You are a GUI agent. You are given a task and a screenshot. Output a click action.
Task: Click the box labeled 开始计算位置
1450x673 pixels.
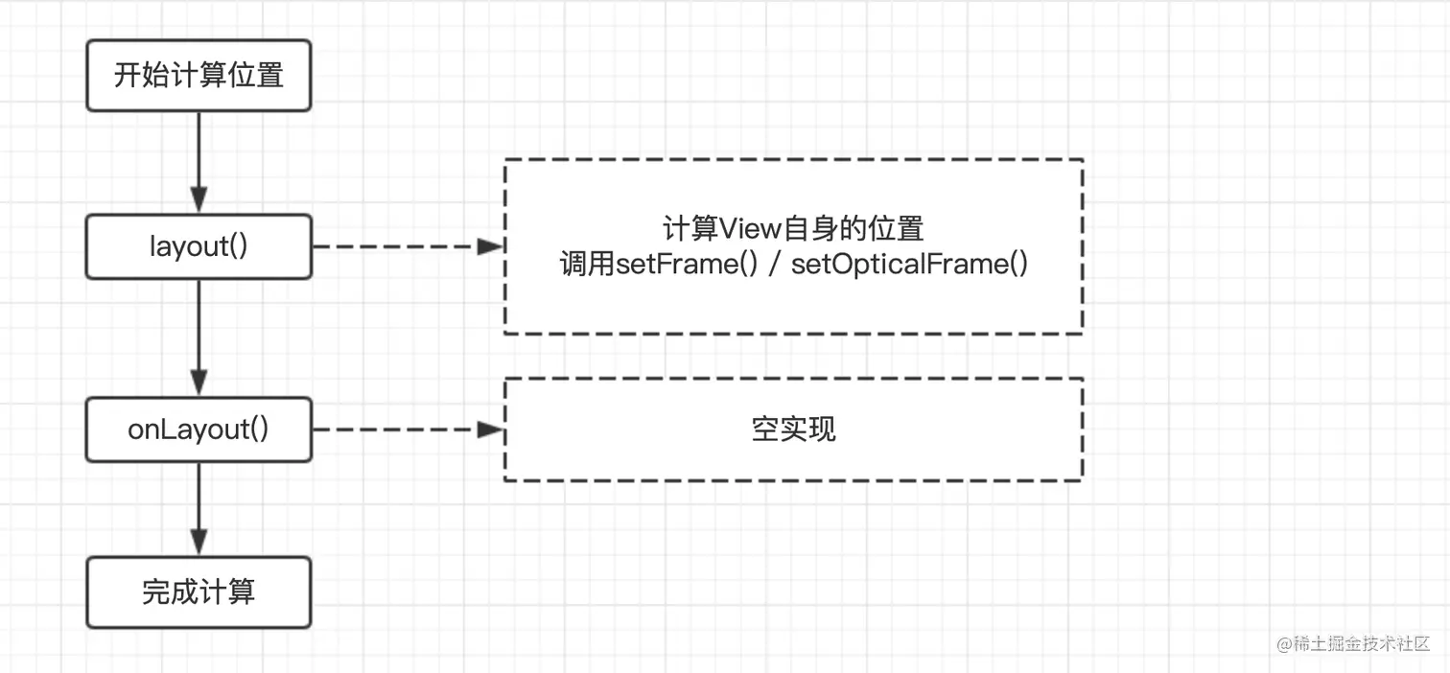199,76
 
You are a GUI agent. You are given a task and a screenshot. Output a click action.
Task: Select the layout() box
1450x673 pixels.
199,247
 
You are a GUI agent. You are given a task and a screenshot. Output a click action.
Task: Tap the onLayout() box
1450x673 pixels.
199,429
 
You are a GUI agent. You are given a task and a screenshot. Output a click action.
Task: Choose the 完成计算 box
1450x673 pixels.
199,592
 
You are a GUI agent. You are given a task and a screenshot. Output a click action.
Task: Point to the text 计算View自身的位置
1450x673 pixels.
793,229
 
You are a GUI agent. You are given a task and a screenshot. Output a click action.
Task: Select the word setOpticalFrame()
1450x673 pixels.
910,264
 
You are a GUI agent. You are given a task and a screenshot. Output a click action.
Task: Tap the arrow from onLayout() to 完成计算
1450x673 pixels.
199,508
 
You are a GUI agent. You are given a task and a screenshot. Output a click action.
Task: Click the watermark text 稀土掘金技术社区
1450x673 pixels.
1363,643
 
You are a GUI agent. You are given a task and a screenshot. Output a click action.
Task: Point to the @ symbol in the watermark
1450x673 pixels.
1284,643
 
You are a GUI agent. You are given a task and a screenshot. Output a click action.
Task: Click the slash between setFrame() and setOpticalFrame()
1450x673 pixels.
774,265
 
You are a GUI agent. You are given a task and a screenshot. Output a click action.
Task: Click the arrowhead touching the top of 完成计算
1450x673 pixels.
199,545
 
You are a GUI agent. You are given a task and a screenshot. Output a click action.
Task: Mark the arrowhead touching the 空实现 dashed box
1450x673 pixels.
491,429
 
